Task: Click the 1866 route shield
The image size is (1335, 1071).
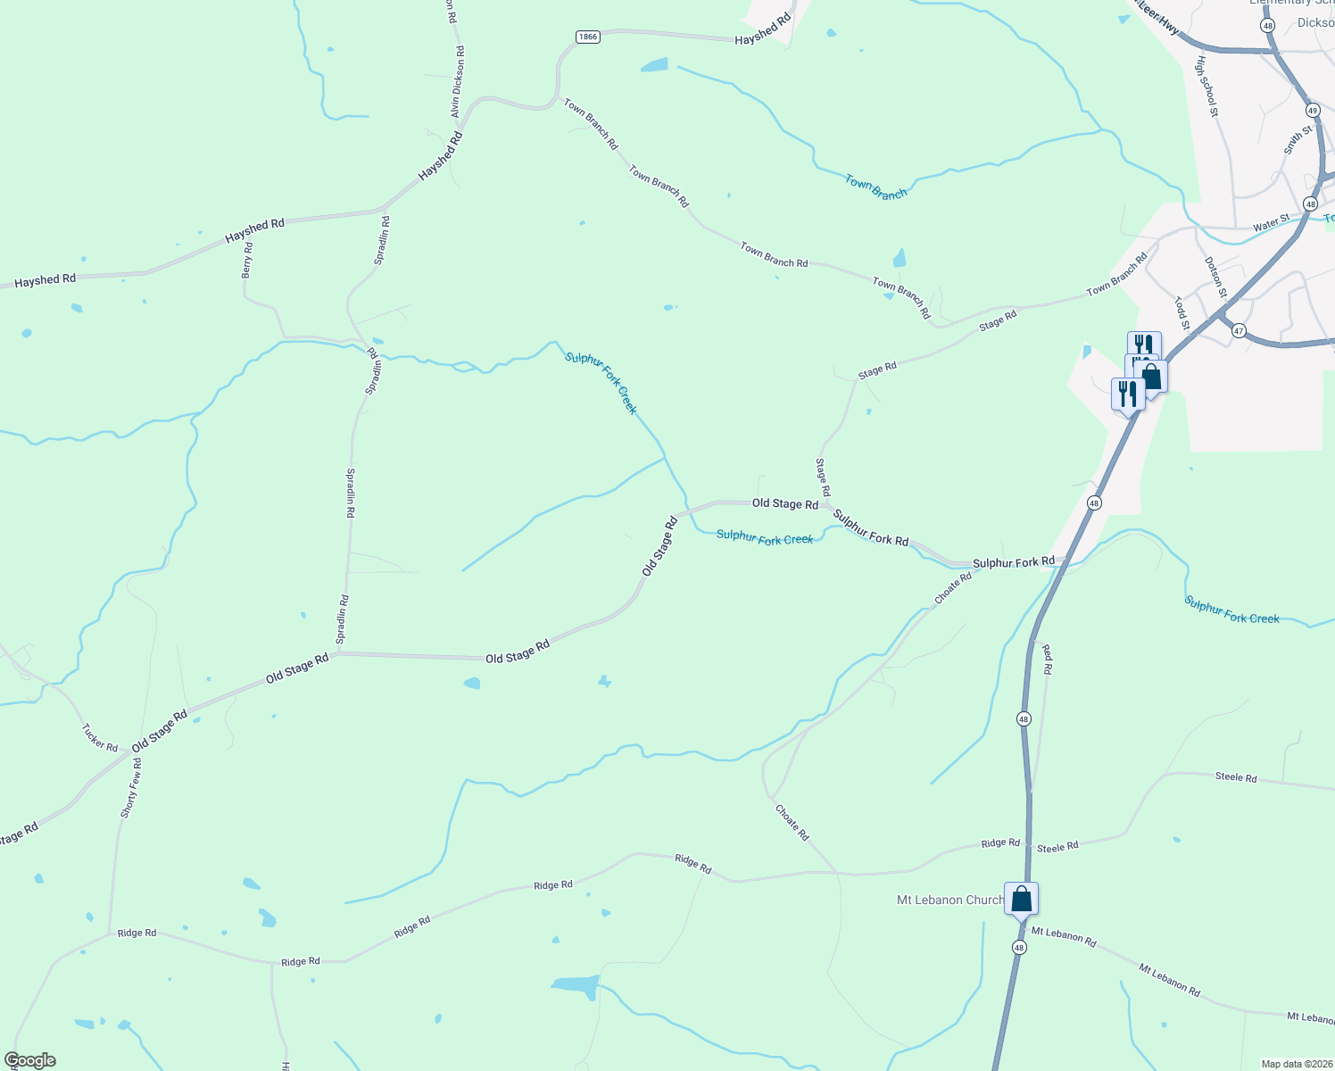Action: tap(587, 37)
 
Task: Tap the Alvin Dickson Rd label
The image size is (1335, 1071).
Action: tap(458, 83)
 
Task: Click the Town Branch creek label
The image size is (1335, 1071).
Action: tap(875, 187)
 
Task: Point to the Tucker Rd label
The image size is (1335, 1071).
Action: tap(100, 737)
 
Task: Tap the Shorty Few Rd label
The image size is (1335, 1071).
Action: tap(131, 788)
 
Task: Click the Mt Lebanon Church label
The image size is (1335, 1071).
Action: tap(949, 900)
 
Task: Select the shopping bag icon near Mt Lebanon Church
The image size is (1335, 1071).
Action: tap(1022, 898)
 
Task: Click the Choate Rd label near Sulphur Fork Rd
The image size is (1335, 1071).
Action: tap(953, 588)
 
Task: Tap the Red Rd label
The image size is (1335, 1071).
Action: tap(1047, 660)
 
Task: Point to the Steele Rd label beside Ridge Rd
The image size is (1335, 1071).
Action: tap(1057, 846)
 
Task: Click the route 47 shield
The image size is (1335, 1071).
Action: tap(1239, 331)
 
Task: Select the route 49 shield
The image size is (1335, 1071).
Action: tap(1313, 111)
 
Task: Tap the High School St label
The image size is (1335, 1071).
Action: tap(1206, 87)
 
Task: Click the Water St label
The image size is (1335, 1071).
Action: tap(1271, 222)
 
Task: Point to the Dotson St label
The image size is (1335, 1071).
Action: tap(1215, 278)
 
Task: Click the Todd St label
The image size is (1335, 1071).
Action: tap(1182, 313)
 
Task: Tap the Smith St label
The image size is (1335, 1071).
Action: tap(1298, 140)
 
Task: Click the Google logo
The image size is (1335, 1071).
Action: tap(30, 1060)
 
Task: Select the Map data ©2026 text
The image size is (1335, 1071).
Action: tap(1295, 1064)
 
